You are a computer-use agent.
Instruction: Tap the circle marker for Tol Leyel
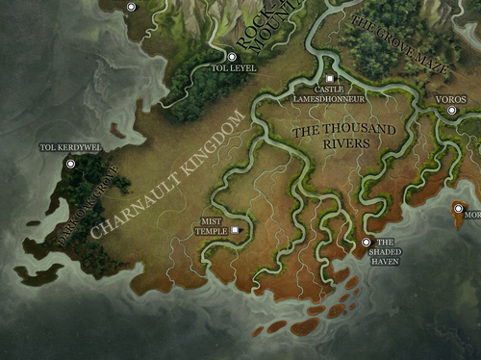(x=231, y=57)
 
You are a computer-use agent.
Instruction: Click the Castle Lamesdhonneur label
(x=329, y=93)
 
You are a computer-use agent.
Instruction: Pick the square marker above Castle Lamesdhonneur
(x=329, y=77)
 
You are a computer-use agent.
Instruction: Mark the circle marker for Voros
(x=451, y=112)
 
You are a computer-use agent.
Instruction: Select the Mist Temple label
(x=211, y=225)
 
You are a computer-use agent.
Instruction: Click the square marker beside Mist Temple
(x=233, y=231)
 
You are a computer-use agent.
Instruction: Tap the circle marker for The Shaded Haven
(x=366, y=243)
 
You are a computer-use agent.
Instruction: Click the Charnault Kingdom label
(x=167, y=173)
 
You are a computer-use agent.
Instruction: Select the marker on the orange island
(x=458, y=209)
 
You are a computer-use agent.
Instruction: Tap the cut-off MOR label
(x=471, y=216)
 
